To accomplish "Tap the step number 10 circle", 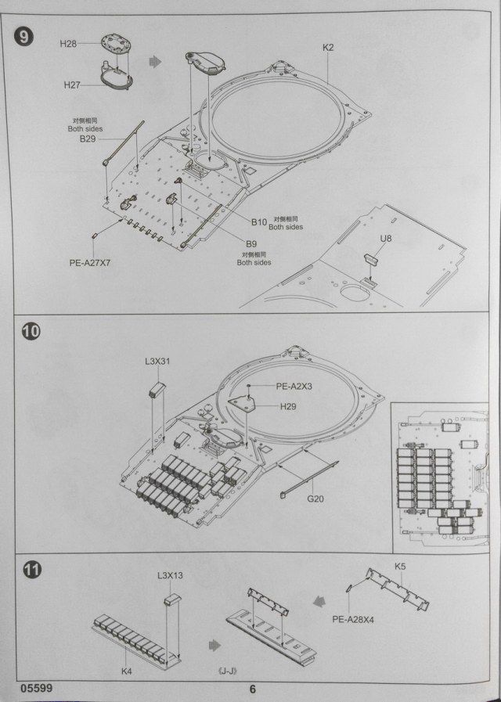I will click(x=31, y=331).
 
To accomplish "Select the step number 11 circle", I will click(x=31, y=569).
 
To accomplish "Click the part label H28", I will click(x=68, y=44).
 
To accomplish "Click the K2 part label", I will click(x=328, y=48).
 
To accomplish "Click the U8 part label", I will click(x=386, y=237).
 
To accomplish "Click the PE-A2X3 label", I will click(x=294, y=386).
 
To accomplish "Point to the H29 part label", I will click(x=290, y=407).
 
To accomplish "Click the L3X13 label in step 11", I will click(x=170, y=576).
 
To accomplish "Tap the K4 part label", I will click(x=127, y=670).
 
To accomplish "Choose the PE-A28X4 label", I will click(x=354, y=619).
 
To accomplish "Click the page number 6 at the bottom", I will click(x=252, y=689).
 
